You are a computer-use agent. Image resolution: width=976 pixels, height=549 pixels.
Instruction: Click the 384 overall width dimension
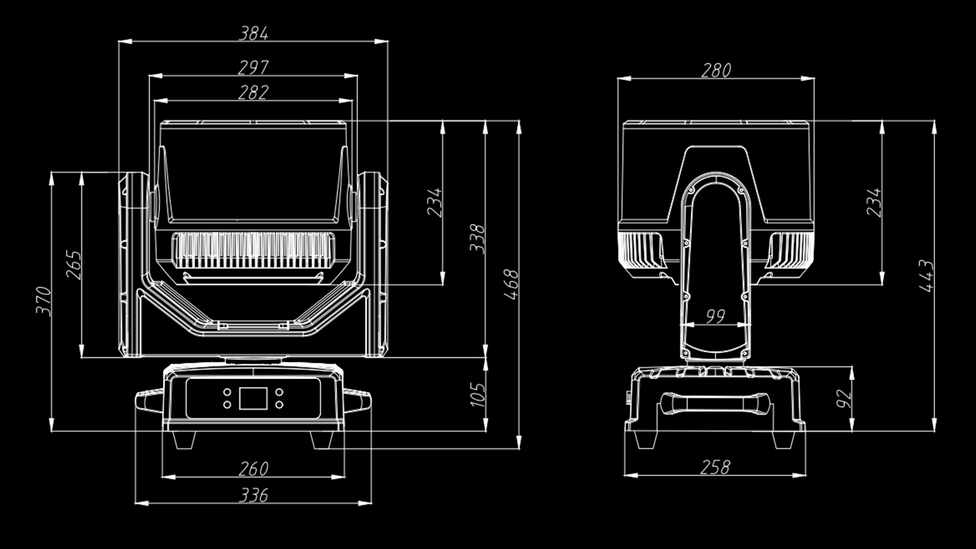pos(254,33)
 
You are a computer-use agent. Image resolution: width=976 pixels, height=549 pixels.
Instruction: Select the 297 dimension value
pos(253,67)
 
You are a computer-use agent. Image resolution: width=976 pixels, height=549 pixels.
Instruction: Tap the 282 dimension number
pos(253,92)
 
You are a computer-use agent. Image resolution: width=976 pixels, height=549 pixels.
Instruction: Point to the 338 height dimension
pos(477,239)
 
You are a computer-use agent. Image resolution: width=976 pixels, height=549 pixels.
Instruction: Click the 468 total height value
pos(510,284)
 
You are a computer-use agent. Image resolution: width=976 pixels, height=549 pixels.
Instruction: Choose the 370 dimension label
pos(43,301)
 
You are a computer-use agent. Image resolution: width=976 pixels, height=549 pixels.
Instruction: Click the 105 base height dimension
pos(477,394)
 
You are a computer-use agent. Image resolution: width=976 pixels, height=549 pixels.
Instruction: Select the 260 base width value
pos(253,468)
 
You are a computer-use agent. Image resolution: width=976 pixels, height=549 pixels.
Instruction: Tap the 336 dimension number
pos(253,496)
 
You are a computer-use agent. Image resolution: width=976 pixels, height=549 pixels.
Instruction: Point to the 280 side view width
pos(715,70)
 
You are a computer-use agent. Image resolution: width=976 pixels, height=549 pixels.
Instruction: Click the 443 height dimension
pos(926,275)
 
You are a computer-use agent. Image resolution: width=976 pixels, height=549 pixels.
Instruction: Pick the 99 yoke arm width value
pos(714,316)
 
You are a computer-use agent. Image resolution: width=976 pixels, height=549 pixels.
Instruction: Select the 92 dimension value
pos(844,398)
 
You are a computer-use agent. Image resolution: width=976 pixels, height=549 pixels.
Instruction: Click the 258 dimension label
pos(714,467)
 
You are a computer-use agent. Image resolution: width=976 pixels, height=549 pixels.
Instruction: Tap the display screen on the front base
pos(253,398)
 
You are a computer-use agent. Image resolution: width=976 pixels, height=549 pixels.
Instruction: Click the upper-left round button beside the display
pos(227,392)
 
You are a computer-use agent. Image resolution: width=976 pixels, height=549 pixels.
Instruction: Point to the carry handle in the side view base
pos(714,402)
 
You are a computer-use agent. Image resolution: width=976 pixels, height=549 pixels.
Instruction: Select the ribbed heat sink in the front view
pos(253,251)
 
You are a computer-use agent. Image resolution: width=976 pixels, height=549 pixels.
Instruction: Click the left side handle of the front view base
pos(149,400)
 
